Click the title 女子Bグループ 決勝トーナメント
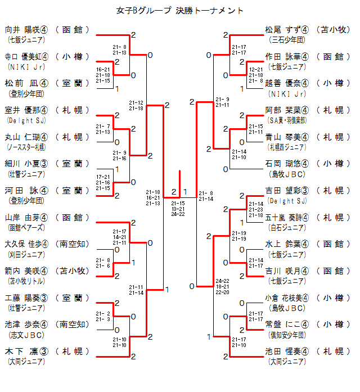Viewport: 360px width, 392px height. point(180,11)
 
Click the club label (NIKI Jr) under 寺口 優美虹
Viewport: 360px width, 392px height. point(23,67)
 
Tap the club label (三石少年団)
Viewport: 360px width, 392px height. point(287,40)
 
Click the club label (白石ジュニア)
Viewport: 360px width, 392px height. point(287,228)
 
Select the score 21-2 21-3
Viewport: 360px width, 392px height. point(119,316)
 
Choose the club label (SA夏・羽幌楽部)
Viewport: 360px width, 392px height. point(287,120)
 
